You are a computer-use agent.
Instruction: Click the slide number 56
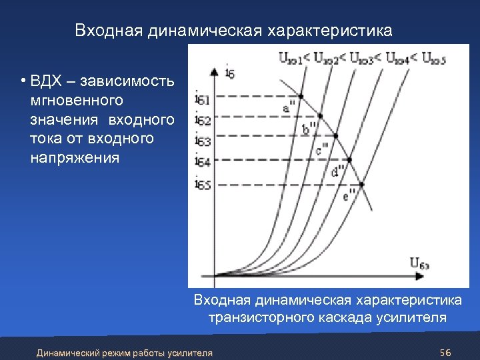point(446,352)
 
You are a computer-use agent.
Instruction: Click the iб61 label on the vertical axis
point(203,101)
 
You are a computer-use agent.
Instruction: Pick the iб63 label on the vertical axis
point(203,141)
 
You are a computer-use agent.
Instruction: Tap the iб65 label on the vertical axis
point(203,184)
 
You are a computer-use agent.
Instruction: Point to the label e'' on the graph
point(349,196)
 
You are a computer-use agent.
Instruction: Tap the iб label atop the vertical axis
point(231,72)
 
